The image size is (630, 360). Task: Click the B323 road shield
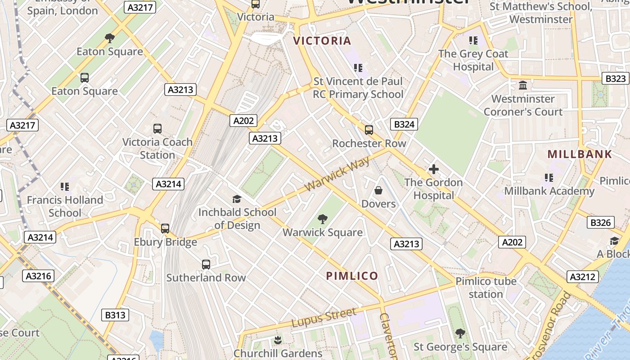615,78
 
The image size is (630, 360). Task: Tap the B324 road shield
404,124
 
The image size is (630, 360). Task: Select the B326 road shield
600,222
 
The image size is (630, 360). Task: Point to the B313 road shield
115,315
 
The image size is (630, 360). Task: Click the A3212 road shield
583,276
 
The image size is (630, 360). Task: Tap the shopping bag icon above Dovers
378,191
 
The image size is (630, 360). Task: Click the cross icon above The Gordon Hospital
433,169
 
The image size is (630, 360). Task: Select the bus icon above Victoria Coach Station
157,129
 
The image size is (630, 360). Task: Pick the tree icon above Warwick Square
322,219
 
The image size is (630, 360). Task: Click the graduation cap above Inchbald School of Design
237,199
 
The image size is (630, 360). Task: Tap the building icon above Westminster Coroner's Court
523,85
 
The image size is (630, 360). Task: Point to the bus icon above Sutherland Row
206,265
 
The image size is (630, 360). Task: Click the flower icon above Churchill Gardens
278,340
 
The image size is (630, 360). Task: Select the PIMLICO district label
352,276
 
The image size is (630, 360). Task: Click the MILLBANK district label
580,154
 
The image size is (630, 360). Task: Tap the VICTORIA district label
322,41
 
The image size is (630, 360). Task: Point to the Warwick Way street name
337,174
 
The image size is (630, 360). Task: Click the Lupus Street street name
324,317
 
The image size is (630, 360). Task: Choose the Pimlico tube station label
486,288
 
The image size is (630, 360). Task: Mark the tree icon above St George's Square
460,333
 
